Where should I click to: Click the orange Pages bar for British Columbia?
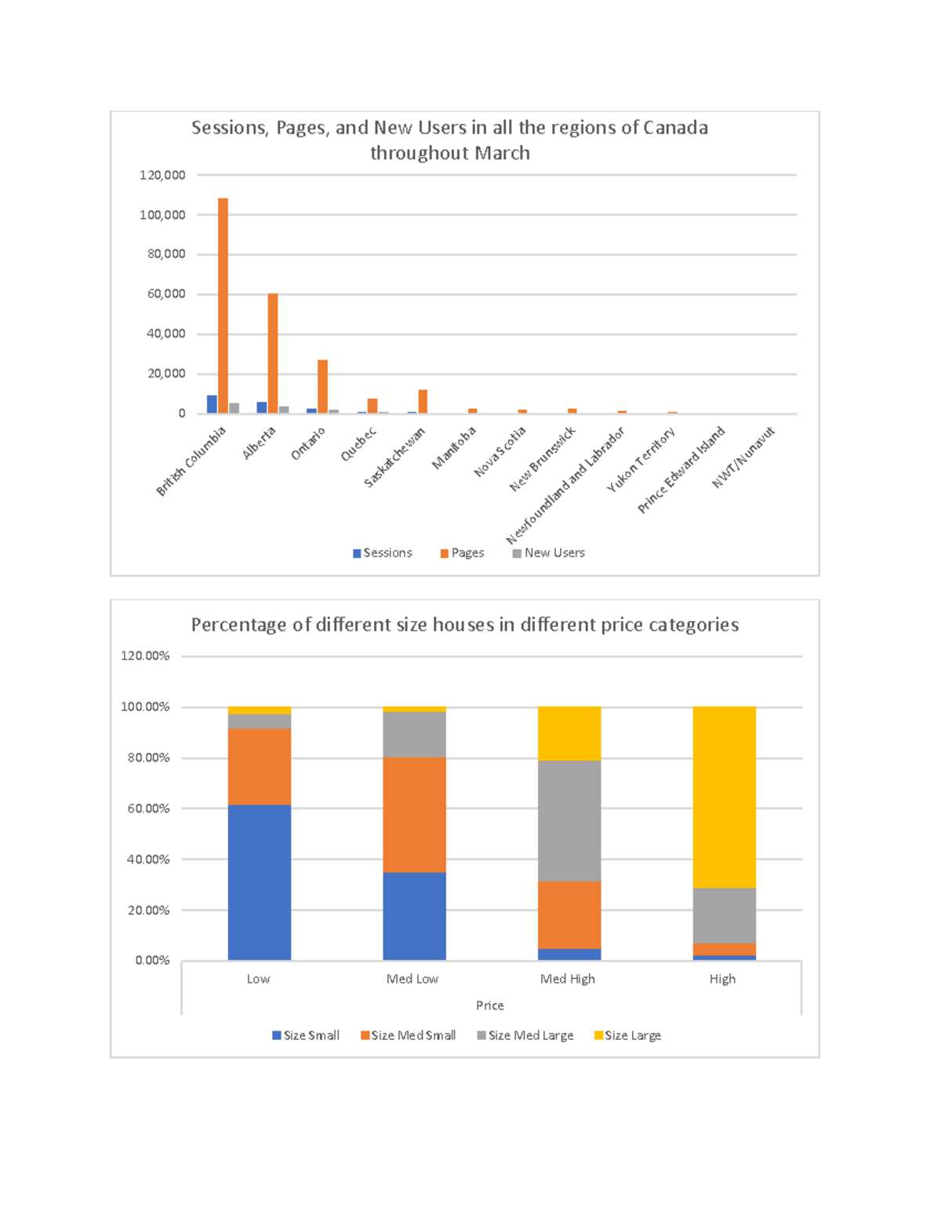223,306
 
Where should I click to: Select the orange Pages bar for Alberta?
273,353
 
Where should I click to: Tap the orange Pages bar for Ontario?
322,387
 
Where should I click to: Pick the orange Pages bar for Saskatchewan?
423,402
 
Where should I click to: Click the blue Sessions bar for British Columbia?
212,404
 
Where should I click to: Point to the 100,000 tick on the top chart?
162,215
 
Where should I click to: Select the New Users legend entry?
549,553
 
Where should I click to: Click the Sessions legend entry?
383,553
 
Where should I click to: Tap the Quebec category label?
358,445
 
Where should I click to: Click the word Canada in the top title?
675,128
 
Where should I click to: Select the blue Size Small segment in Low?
260,882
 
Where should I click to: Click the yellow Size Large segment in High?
724,797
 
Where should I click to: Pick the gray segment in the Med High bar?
569,820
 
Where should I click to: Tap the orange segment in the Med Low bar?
414,814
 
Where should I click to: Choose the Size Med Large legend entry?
525,1035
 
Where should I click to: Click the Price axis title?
490,1005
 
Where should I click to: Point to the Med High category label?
568,979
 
